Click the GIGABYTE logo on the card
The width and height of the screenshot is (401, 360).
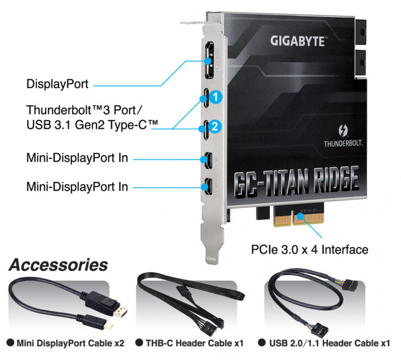point(297,40)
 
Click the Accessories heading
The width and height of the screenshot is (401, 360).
point(58,265)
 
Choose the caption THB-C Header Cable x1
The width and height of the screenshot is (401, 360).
point(193,343)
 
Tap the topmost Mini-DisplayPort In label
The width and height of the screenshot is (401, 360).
point(77,158)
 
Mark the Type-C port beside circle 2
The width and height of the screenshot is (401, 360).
point(205,128)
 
